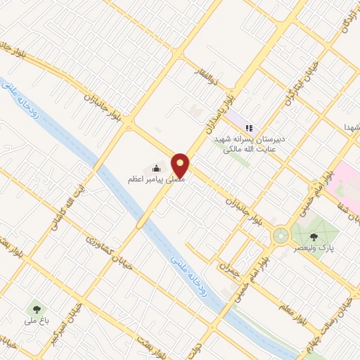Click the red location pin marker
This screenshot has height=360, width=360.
pyautogui.click(x=181, y=164)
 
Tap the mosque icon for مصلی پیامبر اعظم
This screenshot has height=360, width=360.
pyautogui.click(x=156, y=168)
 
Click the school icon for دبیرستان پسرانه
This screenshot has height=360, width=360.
pyautogui.click(x=249, y=128)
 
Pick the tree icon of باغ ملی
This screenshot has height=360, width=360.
pyautogui.click(x=35, y=309)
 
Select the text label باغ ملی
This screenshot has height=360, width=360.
pyautogui.click(x=34, y=321)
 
